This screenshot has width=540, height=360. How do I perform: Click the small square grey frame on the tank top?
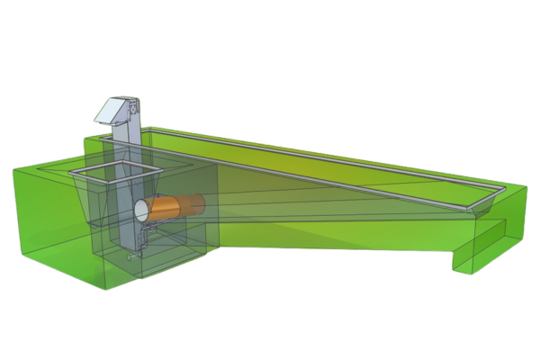(x=117, y=171)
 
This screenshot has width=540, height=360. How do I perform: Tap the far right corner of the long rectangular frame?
(x=503, y=192)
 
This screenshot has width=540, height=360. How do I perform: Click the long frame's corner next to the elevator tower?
(x=106, y=139)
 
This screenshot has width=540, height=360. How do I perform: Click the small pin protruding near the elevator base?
(x=132, y=257)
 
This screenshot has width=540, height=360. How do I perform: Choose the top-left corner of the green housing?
(x=13, y=169)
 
